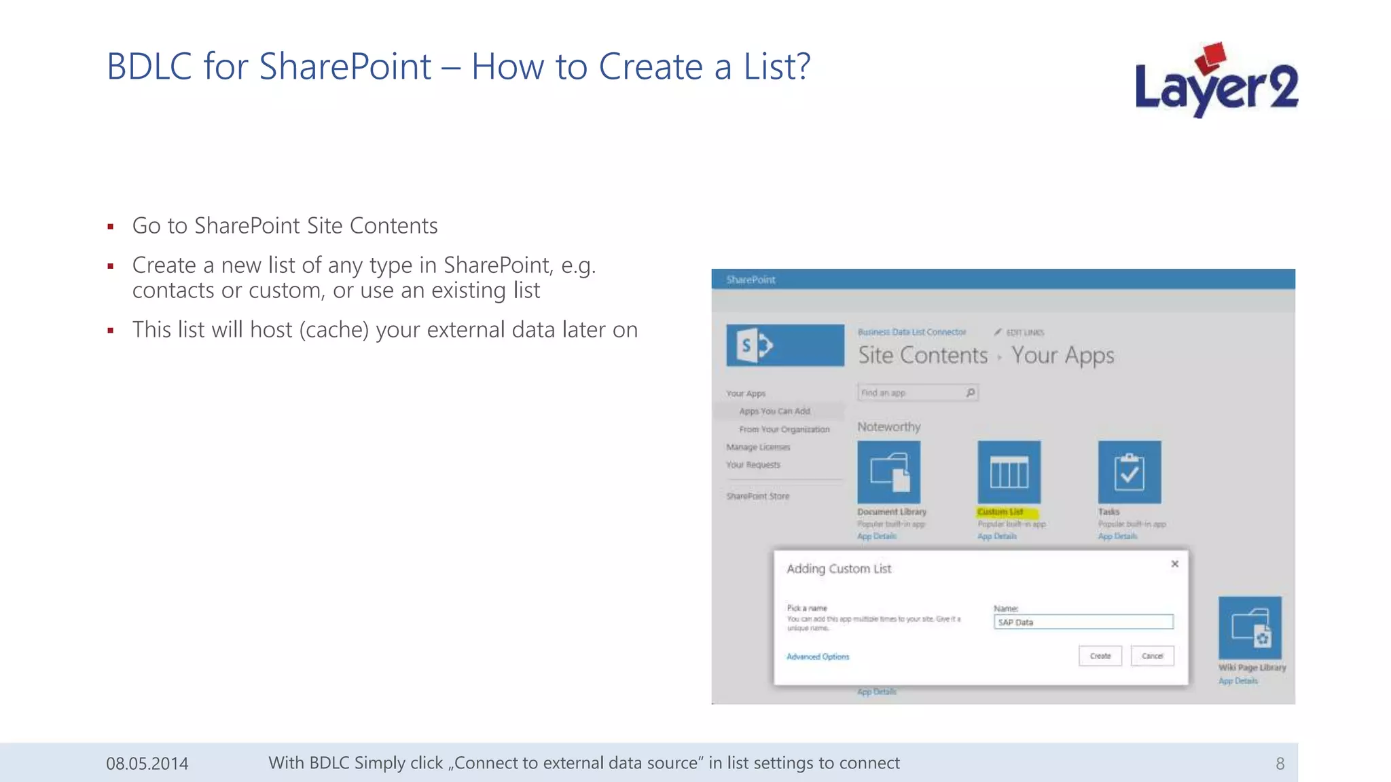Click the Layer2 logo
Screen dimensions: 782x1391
(x=1216, y=81)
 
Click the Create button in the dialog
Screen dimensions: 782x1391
(x=1100, y=656)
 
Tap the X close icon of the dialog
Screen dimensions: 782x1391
(x=1175, y=564)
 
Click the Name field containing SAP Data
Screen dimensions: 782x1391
(x=1083, y=622)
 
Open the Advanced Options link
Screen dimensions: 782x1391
(x=818, y=656)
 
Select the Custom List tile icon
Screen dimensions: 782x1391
(x=1009, y=472)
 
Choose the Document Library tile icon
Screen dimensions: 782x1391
(x=889, y=472)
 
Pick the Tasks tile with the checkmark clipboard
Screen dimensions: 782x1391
(x=1130, y=472)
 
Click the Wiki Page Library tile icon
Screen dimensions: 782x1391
(x=1250, y=628)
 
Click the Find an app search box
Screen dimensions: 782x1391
(x=910, y=393)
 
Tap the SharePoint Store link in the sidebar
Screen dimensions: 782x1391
(x=758, y=496)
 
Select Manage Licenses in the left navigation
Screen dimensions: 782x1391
(x=758, y=447)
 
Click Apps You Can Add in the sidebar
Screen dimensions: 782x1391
(x=775, y=411)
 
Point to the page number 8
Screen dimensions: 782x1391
(x=1280, y=764)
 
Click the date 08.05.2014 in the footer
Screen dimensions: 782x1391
(x=147, y=764)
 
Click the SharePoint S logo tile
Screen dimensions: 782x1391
(x=785, y=346)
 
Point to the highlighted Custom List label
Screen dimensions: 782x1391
(x=1000, y=512)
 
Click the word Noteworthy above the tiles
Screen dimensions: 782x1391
(x=889, y=427)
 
